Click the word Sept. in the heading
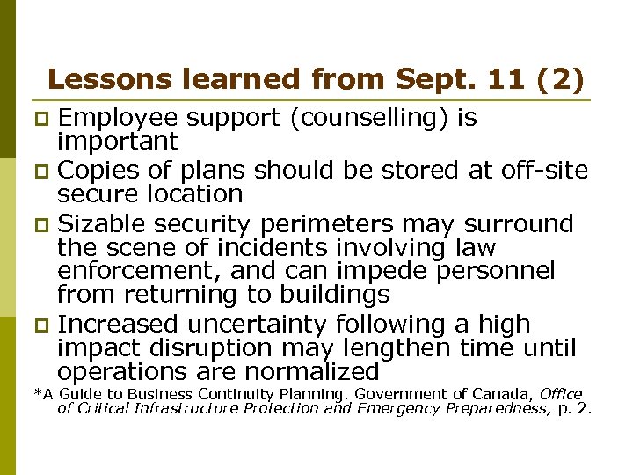point(436,80)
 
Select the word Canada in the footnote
point(505,393)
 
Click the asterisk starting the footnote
point(36,393)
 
